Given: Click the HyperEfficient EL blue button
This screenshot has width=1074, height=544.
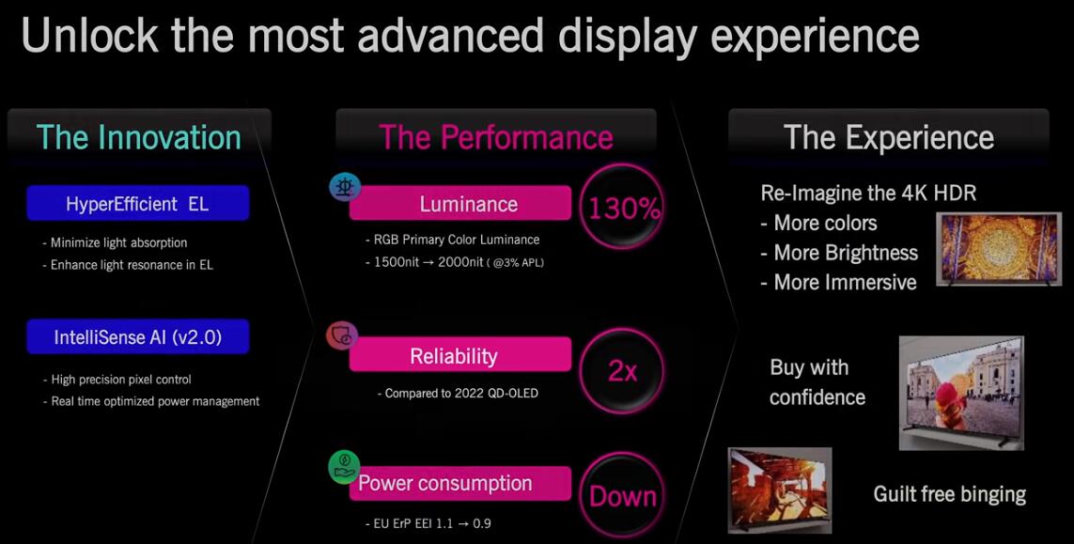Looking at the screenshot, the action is tap(138, 204).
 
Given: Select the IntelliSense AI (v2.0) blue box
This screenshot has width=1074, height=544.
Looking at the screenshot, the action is tap(138, 337).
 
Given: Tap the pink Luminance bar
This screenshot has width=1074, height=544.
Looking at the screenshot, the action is tap(460, 204).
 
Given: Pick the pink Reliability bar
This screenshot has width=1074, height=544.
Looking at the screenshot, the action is tap(460, 355).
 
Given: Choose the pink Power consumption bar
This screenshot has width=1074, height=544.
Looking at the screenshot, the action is tap(460, 483).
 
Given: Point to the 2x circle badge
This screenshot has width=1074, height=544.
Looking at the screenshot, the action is tap(623, 371).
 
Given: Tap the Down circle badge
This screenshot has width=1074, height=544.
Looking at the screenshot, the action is tap(623, 495).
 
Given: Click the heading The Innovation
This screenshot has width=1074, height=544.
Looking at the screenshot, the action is tap(138, 137).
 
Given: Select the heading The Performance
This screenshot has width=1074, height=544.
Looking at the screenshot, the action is tap(496, 137).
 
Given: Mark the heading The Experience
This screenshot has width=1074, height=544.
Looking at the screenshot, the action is tap(888, 138).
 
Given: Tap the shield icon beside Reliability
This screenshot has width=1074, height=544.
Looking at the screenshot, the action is tap(341, 335).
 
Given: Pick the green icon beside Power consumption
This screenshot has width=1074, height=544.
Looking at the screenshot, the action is tap(343, 467).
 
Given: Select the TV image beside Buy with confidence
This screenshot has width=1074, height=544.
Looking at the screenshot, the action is tap(961, 393).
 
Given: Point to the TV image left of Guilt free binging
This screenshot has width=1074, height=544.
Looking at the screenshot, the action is tap(780, 490).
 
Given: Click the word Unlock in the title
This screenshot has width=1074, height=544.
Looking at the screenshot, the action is tap(90, 37).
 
